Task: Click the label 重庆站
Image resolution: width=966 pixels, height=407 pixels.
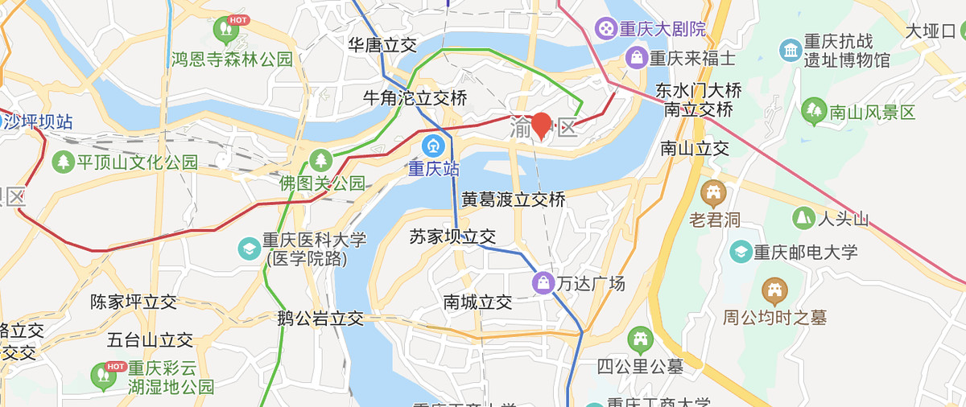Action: point(433,169)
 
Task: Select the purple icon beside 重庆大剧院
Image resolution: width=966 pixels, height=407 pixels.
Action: point(604,30)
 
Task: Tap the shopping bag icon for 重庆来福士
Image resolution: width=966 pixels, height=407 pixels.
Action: point(636,58)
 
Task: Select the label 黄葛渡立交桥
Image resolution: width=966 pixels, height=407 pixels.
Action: point(514,199)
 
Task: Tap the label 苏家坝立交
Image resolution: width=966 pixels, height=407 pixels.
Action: point(452,236)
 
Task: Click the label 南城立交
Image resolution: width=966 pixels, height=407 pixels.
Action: point(477,302)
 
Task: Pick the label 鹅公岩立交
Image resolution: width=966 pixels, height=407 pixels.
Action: point(320,318)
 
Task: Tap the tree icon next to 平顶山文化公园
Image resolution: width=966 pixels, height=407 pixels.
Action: point(63,162)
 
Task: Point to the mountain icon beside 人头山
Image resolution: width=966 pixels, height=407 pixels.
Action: point(803,218)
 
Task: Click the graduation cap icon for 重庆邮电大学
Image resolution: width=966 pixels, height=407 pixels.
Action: point(739,252)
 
